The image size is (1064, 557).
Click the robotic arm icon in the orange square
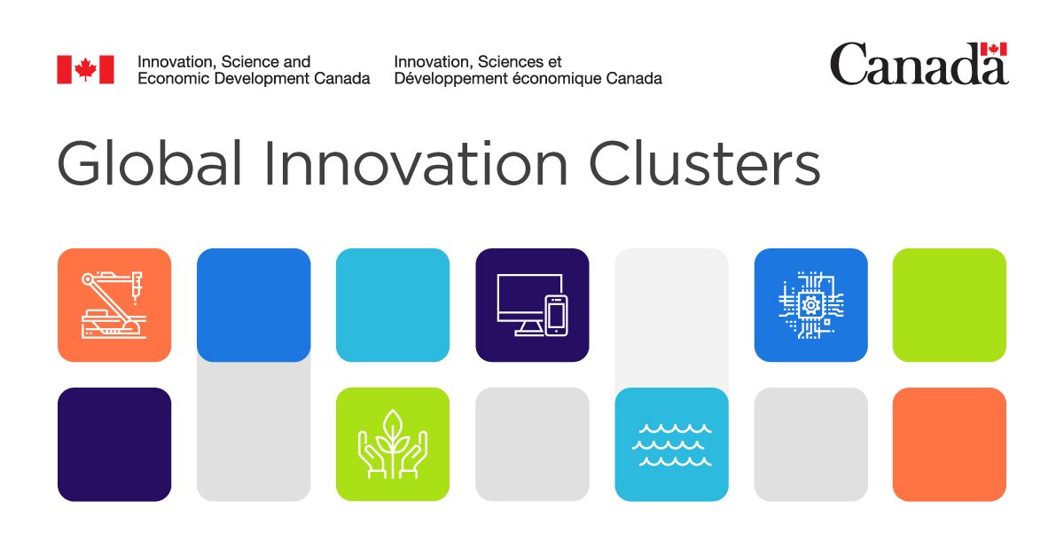(113, 304)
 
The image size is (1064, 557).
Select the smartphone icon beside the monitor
(556, 316)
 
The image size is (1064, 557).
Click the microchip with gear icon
(810, 305)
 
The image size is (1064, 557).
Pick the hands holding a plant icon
(392, 443)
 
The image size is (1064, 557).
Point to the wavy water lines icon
(671, 444)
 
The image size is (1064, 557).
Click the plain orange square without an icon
(949, 444)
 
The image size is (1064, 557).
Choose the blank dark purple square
(114, 444)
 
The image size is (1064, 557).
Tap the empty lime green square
(949, 305)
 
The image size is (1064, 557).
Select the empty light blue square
(393, 305)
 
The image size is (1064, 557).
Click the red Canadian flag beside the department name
(86, 69)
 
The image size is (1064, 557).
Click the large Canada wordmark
(919, 65)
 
